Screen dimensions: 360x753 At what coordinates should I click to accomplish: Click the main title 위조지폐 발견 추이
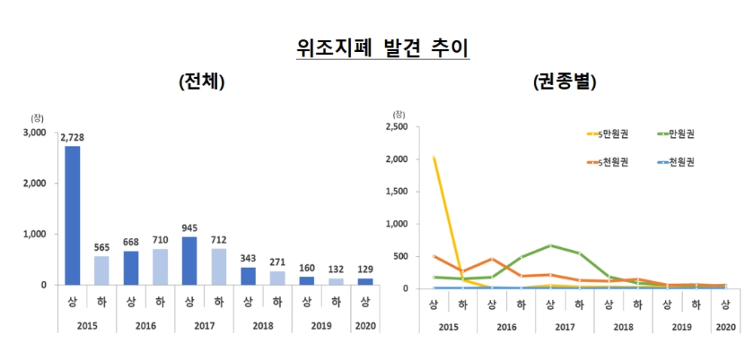coord(383,48)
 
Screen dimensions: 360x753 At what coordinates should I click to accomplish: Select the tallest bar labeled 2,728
coord(72,215)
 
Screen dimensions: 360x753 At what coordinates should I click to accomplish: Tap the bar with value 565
coord(102,270)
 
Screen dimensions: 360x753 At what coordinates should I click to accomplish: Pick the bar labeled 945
coord(189,261)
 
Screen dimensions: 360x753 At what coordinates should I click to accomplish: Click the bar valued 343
coord(248,276)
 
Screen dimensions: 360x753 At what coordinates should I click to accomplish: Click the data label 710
coord(160,239)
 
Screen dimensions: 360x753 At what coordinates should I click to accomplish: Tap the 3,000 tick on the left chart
coord(35,133)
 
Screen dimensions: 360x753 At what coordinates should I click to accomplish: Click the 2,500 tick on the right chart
coord(395,127)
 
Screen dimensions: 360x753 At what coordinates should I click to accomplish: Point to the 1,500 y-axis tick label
coord(395,191)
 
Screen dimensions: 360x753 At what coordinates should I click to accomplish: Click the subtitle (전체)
coord(203,82)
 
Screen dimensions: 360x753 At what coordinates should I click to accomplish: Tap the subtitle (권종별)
coord(564,82)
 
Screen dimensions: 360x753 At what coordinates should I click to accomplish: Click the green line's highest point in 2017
coord(550,246)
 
